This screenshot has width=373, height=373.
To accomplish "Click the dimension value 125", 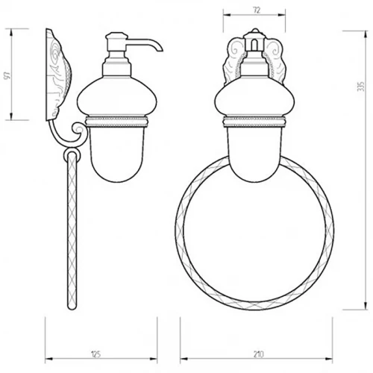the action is [96, 354].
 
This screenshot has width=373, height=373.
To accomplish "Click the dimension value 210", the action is [259, 354].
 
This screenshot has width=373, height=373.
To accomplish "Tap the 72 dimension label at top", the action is [257, 10].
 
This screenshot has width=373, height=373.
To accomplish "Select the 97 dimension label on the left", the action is [7, 75].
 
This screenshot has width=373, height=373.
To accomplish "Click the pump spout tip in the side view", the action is [160, 50].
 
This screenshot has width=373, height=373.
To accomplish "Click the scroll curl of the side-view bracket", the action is [78, 130].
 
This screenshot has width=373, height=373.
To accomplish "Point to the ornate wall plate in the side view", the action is [58, 75].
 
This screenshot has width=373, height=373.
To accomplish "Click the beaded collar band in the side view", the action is [117, 122].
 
